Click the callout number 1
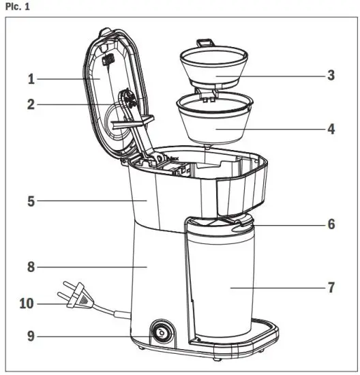[x=31, y=79]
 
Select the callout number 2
[x=31, y=106]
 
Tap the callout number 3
[x=331, y=75]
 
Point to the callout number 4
[x=331, y=128]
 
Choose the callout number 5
[x=31, y=201]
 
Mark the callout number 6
[x=331, y=224]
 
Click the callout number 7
[x=331, y=287]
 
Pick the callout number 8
[x=31, y=268]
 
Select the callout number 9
[x=31, y=335]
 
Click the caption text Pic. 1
[x=16, y=6]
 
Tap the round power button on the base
[x=162, y=333]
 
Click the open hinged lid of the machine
[x=116, y=95]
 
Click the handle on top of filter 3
[x=206, y=44]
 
